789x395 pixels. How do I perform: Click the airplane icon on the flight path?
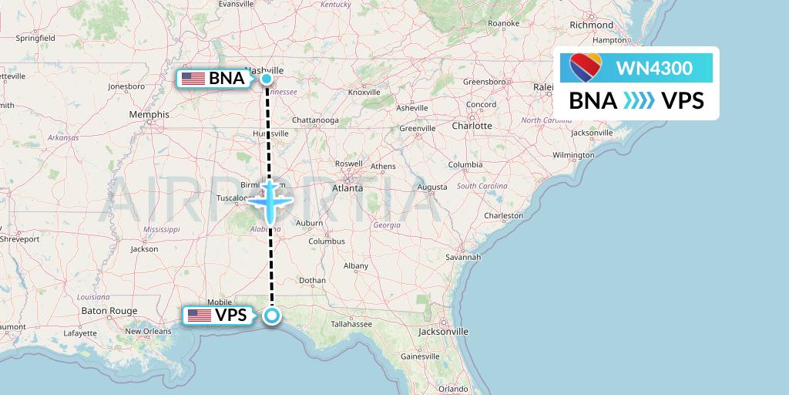(270, 199)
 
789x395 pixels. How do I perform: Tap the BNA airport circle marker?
(266, 78)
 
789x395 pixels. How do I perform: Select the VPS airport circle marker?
(271, 315)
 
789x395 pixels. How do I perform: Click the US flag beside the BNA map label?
(193, 78)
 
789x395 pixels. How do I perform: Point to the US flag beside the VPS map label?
(199, 315)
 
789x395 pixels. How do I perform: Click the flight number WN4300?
(654, 68)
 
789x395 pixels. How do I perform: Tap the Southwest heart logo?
(586, 68)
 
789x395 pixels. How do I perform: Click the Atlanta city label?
(347, 187)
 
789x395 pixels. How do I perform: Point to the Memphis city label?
(149, 114)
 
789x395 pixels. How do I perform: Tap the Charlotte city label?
(472, 125)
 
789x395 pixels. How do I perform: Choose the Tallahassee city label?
(351, 324)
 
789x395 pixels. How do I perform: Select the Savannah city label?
(463, 257)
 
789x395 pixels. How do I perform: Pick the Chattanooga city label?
(315, 120)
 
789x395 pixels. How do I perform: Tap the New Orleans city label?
(147, 331)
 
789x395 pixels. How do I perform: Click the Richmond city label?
(592, 25)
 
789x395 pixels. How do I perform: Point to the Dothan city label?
(312, 280)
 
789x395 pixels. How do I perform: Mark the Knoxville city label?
(364, 92)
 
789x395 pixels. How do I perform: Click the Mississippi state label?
(161, 229)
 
